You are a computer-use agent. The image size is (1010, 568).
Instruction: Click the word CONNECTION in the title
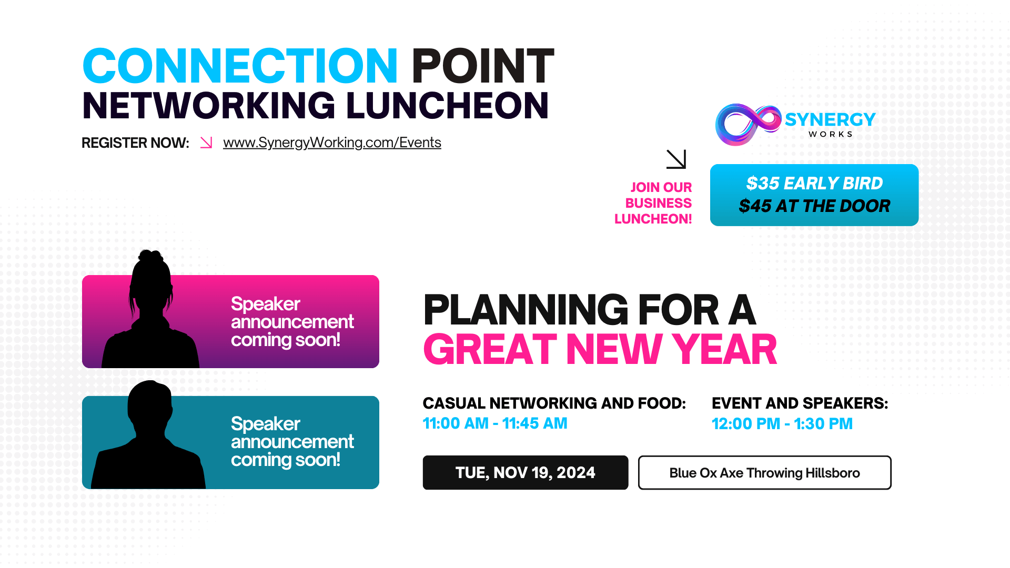(x=240, y=66)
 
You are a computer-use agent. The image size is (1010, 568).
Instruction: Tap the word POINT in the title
(x=482, y=66)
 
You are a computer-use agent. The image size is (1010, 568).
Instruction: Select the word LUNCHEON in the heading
(x=447, y=106)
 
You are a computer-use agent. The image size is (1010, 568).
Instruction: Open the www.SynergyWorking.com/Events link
(x=332, y=143)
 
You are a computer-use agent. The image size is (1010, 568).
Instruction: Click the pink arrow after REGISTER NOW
(x=206, y=143)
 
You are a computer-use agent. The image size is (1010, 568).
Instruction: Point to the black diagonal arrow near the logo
(x=676, y=159)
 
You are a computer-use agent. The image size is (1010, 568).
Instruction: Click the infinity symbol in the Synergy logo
(x=748, y=125)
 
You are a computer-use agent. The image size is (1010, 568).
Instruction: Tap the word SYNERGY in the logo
(x=830, y=120)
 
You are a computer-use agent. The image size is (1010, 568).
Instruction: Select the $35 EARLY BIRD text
(x=814, y=184)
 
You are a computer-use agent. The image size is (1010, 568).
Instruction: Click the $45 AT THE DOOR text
(x=814, y=206)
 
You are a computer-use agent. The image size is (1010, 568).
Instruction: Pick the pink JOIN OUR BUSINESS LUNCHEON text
(x=653, y=203)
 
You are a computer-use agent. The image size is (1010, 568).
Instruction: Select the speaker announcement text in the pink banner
(x=292, y=322)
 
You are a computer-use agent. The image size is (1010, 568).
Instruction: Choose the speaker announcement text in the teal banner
(x=292, y=442)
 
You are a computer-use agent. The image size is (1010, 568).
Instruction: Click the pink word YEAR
(x=724, y=350)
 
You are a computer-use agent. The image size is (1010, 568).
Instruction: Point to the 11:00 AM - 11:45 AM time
(x=495, y=423)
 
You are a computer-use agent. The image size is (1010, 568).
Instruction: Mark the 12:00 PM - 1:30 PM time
(x=782, y=423)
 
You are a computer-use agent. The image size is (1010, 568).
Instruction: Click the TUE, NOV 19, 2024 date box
(x=526, y=473)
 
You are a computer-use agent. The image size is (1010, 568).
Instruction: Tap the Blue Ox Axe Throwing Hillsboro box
(x=765, y=473)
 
